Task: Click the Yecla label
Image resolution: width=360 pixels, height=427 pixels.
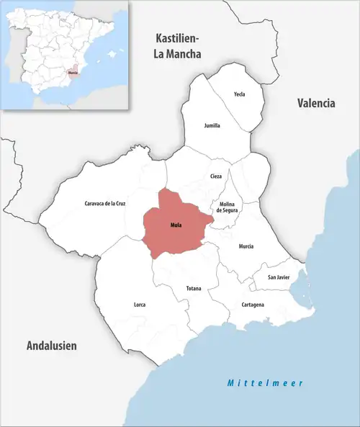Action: coord(240,94)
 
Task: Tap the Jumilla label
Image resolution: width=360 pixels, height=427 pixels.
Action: coord(212,125)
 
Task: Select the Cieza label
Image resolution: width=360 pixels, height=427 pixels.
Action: coord(216,176)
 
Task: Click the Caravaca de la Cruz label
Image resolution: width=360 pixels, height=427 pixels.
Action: coord(104,204)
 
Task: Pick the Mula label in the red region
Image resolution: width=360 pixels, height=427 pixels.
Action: coord(176,225)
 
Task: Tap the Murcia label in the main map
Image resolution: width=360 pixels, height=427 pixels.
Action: coord(246,246)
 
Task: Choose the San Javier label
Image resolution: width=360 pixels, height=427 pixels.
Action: coord(279,277)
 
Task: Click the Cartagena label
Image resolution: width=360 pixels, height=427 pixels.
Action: coord(252,305)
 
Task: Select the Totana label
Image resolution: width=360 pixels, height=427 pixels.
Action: coord(194,288)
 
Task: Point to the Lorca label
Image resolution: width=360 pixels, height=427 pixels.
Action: coord(140,305)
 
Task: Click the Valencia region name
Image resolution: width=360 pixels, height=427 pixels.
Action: coord(316,103)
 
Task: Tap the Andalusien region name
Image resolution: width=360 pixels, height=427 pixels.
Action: coord(51,346)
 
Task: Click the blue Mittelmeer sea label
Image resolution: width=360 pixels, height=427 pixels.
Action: coord(265,382)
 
